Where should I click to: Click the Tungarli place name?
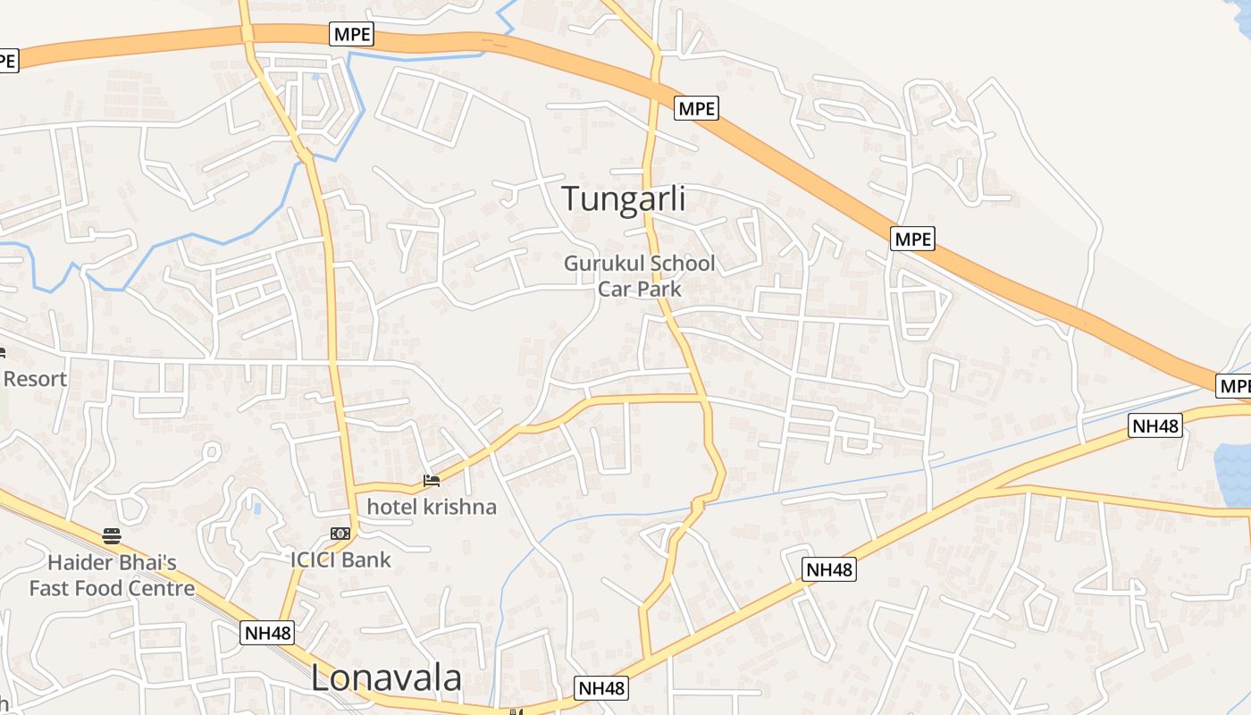(624, 198)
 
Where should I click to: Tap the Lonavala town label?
(386, 678)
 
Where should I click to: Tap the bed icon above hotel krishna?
(432, 482)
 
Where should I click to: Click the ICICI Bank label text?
(340, 559)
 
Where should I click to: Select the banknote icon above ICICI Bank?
(340, 534)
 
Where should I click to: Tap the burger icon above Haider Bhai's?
(112, 536)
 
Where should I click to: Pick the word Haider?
(81, 563)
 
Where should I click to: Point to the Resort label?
(35, 379)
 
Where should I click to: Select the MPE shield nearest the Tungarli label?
(696, 108)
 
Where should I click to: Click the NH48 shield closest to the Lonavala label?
(267, 633)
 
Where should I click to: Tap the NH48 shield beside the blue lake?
(1155, 425)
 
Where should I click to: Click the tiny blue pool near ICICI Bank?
(257, 509)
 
